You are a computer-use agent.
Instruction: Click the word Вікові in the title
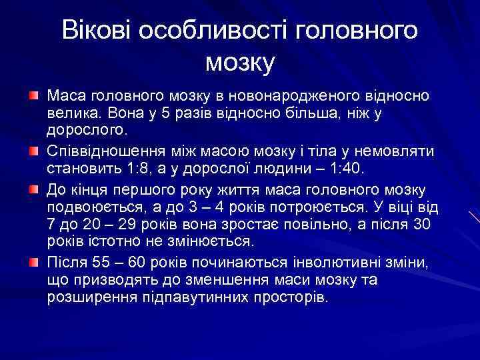[94, 31]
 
